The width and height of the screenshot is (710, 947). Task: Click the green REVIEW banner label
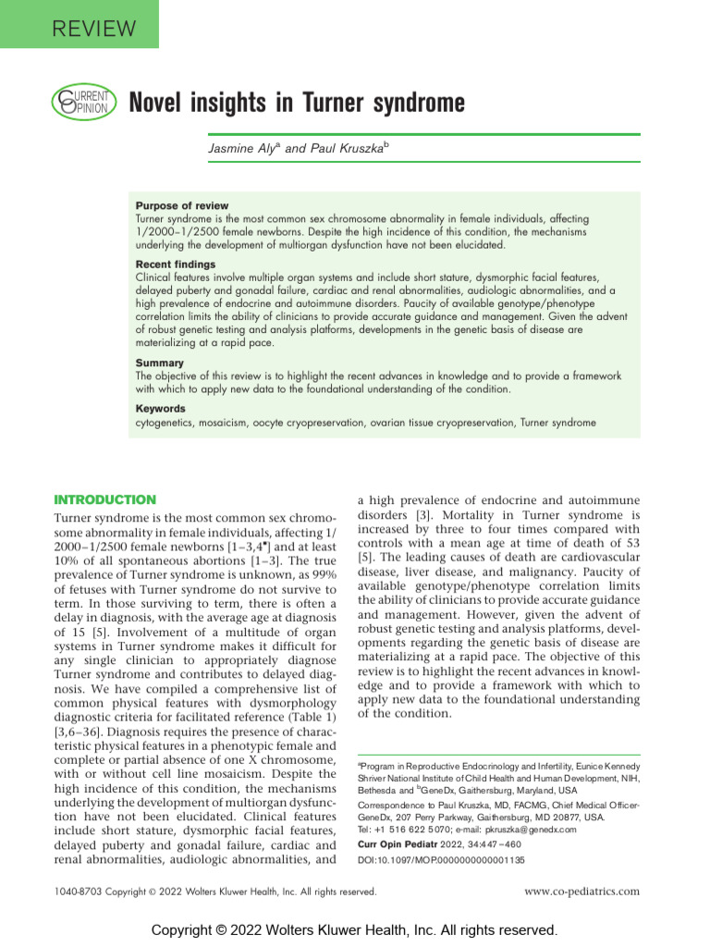pyautogui.click(x=79, y=29)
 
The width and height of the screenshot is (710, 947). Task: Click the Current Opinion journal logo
pyautogui.click(x=82, y=101)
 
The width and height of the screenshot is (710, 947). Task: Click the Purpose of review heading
pyautogui.click(x=182, y=205)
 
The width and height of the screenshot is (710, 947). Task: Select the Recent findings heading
pyautogui.click(x=177, y=264)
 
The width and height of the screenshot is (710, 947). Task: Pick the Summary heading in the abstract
pyautogui.click(x=160, y=363)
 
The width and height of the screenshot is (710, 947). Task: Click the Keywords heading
pyautogui.click(x=161, y=408)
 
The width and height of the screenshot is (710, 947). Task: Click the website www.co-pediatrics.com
pyautogui.click(x=581, y=892)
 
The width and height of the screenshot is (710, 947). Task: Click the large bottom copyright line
pyautogui.click(x=355, y=929)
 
